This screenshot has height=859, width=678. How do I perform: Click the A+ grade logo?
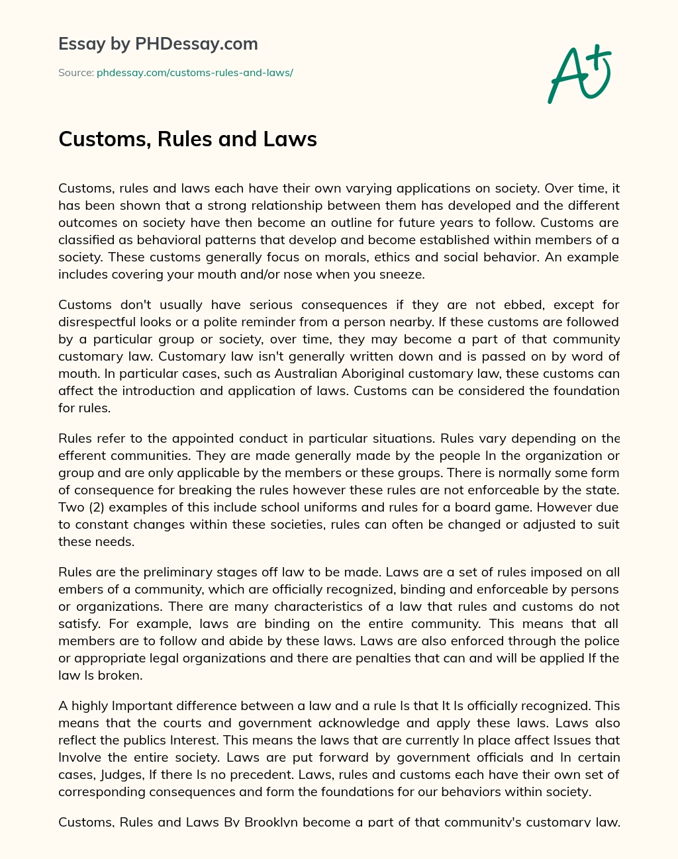579,74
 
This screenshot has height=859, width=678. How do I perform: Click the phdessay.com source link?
195,73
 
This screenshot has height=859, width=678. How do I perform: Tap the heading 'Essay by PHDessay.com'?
158,44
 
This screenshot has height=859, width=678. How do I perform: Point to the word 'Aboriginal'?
349,373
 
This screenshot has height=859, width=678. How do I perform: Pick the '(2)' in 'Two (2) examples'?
96,507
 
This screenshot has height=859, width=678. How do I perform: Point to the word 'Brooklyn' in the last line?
271,822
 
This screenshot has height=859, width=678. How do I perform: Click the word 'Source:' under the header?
76,73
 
